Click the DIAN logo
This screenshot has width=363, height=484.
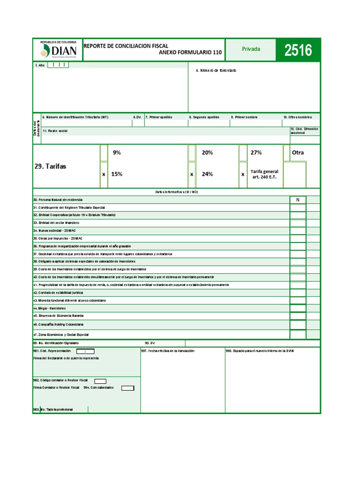[x=57, y=50]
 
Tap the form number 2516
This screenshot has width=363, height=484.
[x=298, y=50]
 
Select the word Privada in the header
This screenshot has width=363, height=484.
[x=251, y=49]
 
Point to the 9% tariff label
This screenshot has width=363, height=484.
[x=117, y=153]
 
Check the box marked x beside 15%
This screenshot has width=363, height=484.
[x=104, y=174]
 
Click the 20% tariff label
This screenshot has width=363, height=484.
[x=207, y=153]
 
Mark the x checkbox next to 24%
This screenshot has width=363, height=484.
[x=192, y=174]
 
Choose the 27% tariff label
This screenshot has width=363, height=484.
[x=256, y=153]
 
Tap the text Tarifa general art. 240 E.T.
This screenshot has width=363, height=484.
[x=264, y=174]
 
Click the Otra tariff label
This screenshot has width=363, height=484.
[x=298, y=153]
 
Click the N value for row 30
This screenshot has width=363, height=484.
[x=298, y=200]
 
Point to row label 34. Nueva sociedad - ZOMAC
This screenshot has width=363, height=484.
[x=54, y=231]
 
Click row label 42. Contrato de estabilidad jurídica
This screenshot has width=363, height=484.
[x=58, y=293]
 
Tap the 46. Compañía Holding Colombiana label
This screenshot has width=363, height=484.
[x=58, y=325]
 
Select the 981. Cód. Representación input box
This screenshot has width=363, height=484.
[x=86, y=351]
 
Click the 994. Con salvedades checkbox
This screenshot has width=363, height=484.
[x=128, y=388]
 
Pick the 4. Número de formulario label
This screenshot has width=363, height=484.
[x=216, y=70]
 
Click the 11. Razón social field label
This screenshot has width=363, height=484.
[x=55, y=131]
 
